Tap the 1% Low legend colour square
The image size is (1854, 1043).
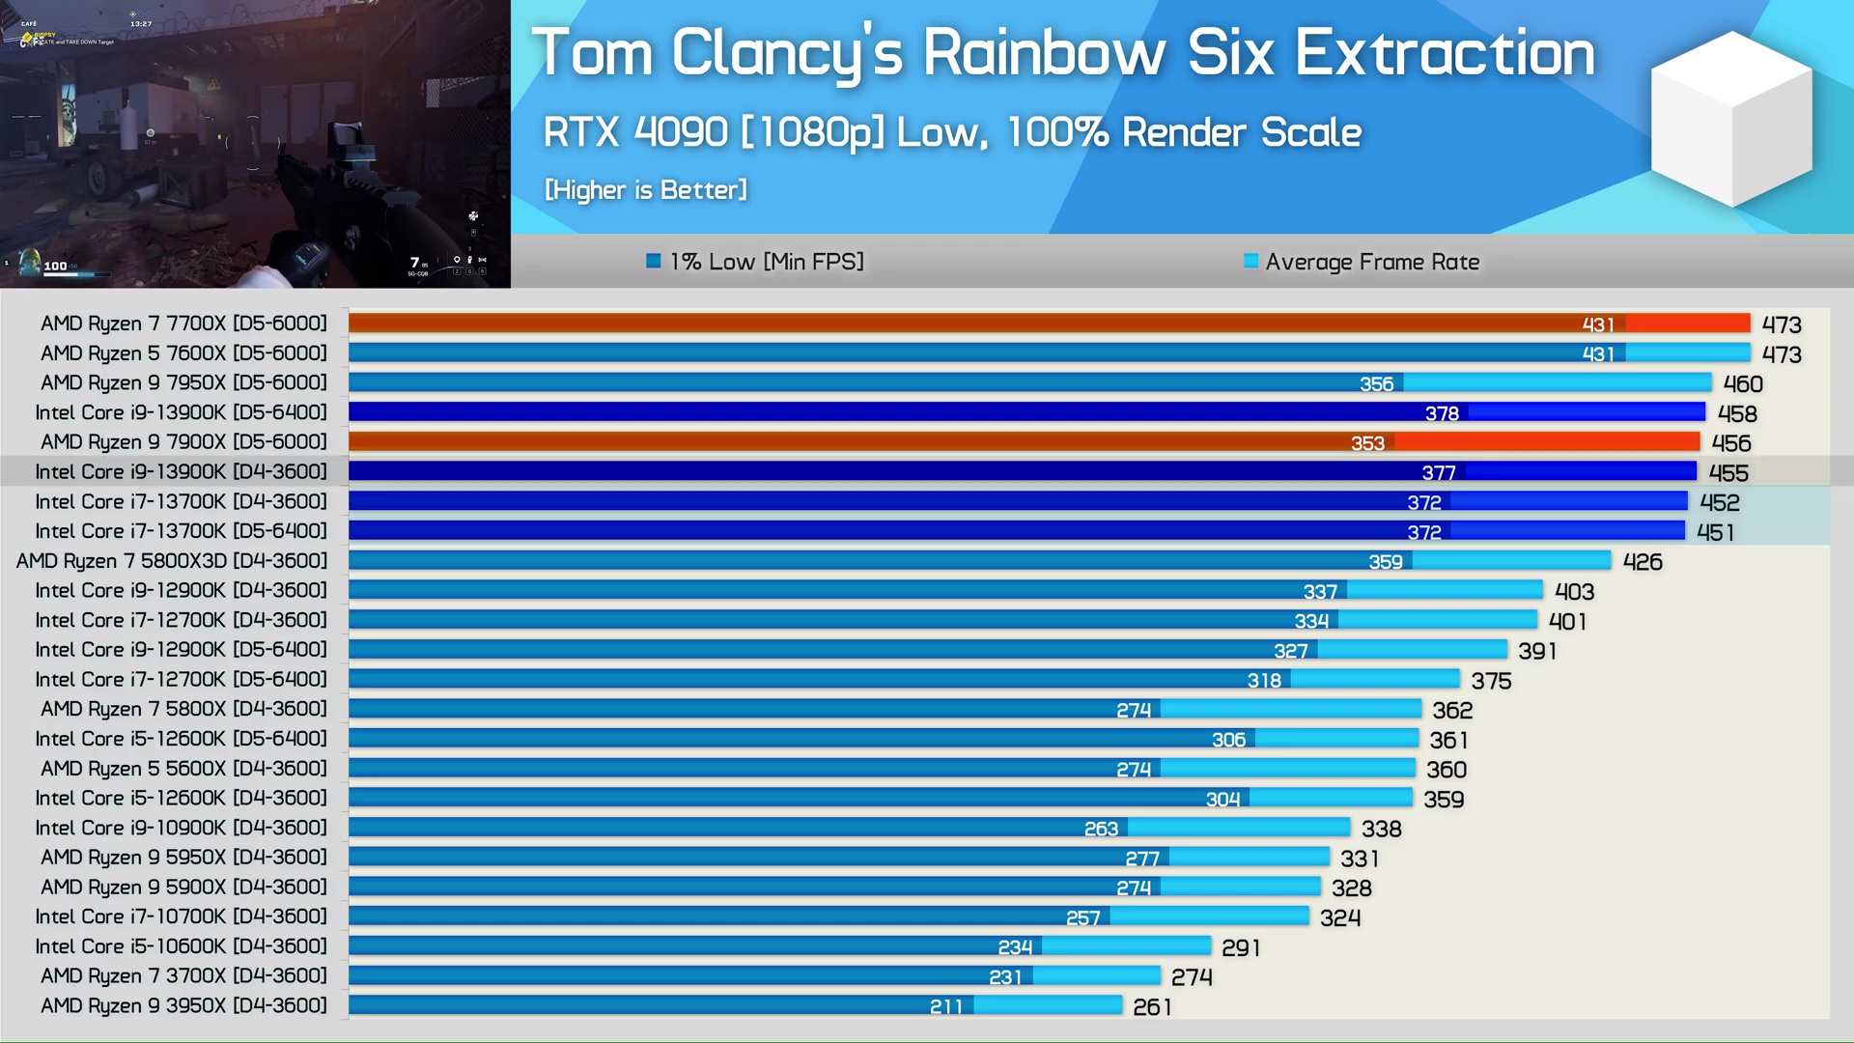(x=654, y=261)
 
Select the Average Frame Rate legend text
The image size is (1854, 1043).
(x=1371, y=262)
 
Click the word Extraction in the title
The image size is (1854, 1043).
(x=1444, y=53)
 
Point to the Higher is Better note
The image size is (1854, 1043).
(x=645, y=190)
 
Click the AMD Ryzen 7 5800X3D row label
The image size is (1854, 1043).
(x=172, y=561)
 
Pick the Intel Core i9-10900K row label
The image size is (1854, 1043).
(x=181, y=828)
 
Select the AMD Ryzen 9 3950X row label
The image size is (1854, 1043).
(x=183, y=1005)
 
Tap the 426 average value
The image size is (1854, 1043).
(x=1643, y=562)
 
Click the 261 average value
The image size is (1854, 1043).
(x=1152, y=1007)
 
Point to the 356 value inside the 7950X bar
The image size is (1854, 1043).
(x=1376, y=384)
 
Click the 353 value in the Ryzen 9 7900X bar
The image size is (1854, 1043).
(x=1367, y=443)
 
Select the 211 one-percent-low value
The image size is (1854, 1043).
(x=945, y=1006)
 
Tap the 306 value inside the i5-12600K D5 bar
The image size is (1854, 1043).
(x=1228, y=740)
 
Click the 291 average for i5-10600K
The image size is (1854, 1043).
(x=1241, y=948)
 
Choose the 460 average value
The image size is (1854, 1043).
(x=1743, y=384)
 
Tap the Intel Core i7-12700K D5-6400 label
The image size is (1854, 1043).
(x=181, y=680)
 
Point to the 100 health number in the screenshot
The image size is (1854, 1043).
(x=55, y=266)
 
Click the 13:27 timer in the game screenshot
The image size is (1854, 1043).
(x=141, y=23)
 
